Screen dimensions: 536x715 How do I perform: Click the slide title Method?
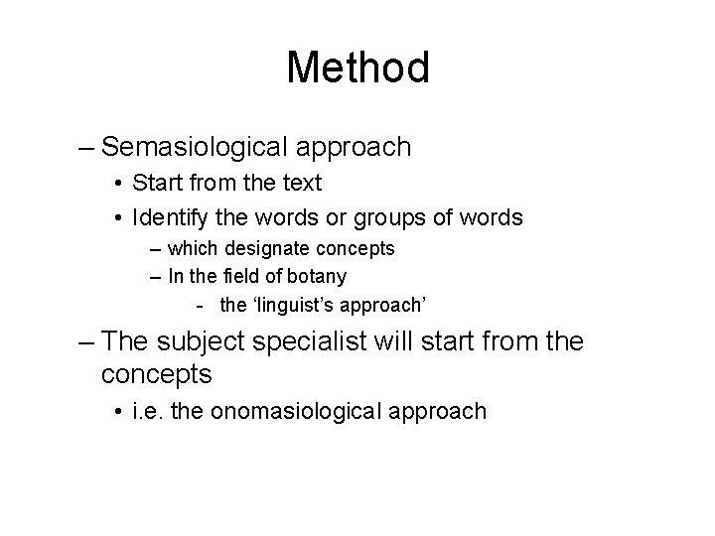click(357, 68)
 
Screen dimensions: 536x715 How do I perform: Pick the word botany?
click(317, 275)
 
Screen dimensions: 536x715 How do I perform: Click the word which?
click(192, 248)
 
